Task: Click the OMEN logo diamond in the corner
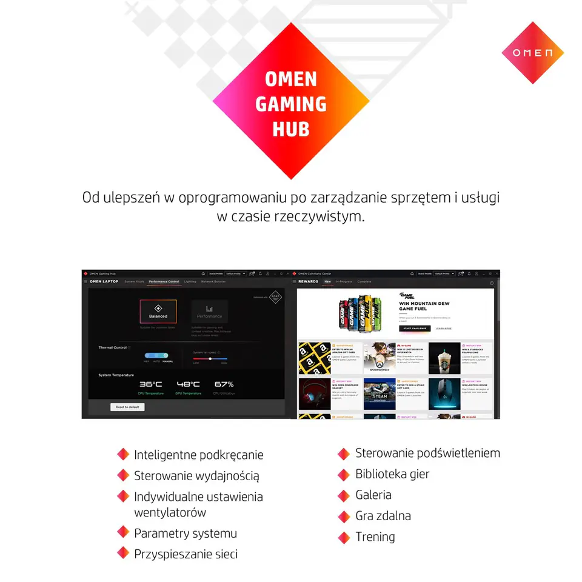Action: pyautogui.click(x=532, y=53)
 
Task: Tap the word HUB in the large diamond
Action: pyautogui.click(x=291, y=129)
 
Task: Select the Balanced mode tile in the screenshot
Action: pyautogui.click(x=158, y=311)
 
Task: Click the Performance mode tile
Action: pyautogui.click(x=209, y=311)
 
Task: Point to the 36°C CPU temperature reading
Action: pyautogui.click(x=150, y=384)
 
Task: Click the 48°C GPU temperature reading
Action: pyautogui.click(x=188, y=384)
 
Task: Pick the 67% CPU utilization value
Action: pyautogui.click(x=224, y=384)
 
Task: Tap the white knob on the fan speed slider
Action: pyautogui.click(x=210, y=358)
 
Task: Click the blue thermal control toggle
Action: pyautogui.click(x=156, y=355)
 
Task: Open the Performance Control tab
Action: pyautogui.click(x=164, y=282)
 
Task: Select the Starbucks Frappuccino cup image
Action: pyautogui.click(x=444, y=358)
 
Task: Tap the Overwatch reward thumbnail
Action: pyautogui.click(x=380, y=358)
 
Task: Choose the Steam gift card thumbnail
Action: pyautogui.click(x=380, y=395)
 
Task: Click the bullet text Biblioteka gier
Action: pyautogui.click(x=392, y=474)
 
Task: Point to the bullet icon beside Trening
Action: pyautogui.click(x=344, y=537)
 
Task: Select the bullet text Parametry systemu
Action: pyautogui.click(x=186, y=533)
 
